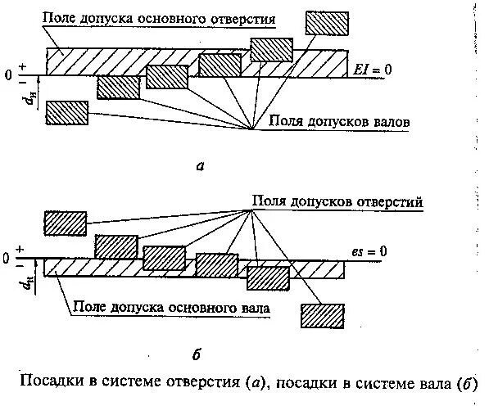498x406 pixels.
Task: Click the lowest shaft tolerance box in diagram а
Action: pyautogui.click(x=67, y=113)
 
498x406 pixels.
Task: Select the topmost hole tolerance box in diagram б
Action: pyautogui.click(x=65, y=223)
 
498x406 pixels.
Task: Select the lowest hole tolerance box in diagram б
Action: pyautogui.click(x=322, y=316)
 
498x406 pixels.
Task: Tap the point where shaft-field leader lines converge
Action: pyautogui.click(x=251, y=127)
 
